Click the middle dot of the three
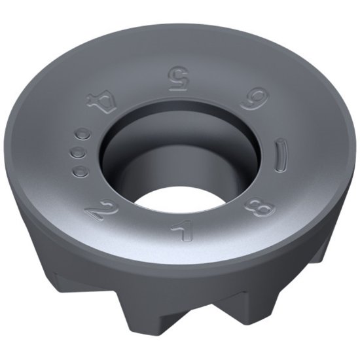click(80, 154)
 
